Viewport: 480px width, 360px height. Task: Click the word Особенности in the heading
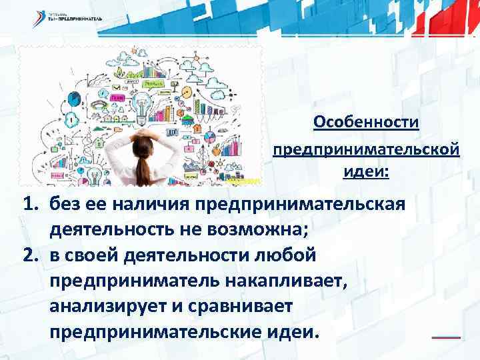point(366,123)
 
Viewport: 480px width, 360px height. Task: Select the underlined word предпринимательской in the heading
point(366,148)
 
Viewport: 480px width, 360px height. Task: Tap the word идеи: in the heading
point(366,172)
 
